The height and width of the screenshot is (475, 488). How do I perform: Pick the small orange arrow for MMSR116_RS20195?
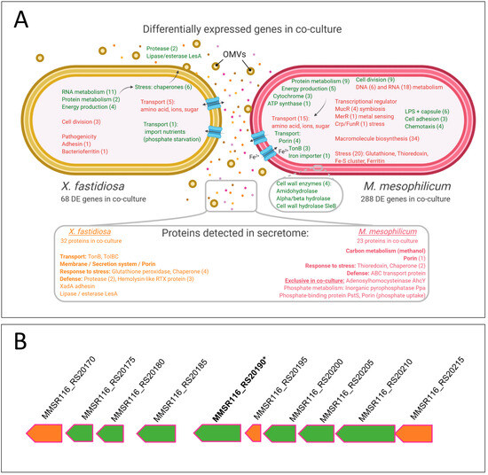click(x=253, y=433)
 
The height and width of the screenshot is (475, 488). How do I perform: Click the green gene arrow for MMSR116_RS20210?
click(x=368, y=433)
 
